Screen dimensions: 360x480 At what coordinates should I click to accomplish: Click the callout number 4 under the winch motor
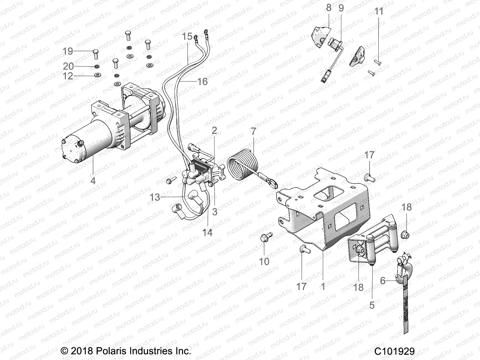pyautogui.click(x=93, y=181)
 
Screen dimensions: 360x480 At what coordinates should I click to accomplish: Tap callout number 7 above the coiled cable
pyautogui.click(x=254, y=131)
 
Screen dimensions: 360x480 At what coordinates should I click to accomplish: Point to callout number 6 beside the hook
pyautogui.click(x=383, y=280)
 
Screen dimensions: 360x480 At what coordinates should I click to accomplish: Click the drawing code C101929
pyautogui.click(x=394, y=351)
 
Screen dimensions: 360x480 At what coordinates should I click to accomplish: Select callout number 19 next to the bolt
pyautogui.click(x=68, y=51)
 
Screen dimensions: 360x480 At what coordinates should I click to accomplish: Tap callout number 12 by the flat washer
pyautogui.click(x=68, y=76)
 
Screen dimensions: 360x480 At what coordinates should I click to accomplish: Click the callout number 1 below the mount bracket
pyautogui.click(x=323, y=286)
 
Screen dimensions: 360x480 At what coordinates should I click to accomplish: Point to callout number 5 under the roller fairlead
pyautogui.click(x=372, y=305)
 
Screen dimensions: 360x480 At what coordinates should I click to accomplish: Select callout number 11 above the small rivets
pyautogui.click(x=379, y=11)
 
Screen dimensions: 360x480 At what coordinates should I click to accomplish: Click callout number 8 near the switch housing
pyautogui.click(x=329, y=8)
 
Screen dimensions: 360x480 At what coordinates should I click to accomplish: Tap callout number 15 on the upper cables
pyautogui.click(x=187, y=37)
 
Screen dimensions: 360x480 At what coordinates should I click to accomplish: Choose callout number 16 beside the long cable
pyautogui.click(x=202, y=81)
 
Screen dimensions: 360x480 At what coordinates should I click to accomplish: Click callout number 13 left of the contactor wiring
pyautogui.click(x=155, y=197)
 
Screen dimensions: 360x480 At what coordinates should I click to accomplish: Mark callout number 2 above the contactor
pyautogui.click(x=214, y=130)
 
